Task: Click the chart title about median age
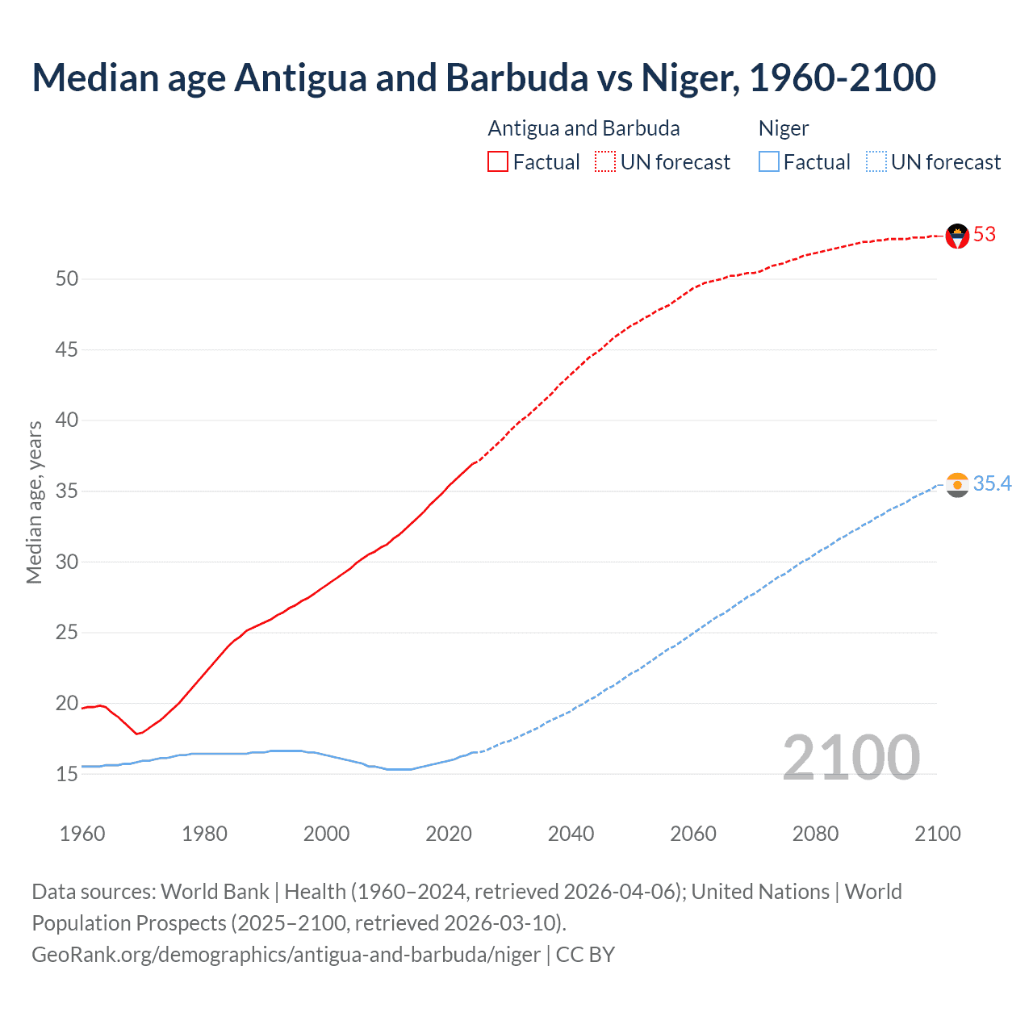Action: coord(483,77)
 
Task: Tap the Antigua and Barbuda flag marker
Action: coord(957,236)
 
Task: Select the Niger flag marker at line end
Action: coord(957,485)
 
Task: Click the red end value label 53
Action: coord(985,235)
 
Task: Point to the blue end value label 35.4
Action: coord(992,483)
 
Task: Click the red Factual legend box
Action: coord(498,162)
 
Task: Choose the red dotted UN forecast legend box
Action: coord(605,162)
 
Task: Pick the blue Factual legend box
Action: coord(769,162)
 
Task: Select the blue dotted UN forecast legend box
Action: coord(876,162)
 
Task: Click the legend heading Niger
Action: coord(783,129)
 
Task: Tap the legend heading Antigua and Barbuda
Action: coord(583,129)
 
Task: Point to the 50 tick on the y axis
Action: coord(67,279)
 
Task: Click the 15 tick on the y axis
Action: coord(67,774)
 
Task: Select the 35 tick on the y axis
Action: coord(67,491)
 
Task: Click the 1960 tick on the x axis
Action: coord(82,834)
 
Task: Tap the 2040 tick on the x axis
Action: coord(571,834)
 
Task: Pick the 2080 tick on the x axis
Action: coord(815,834)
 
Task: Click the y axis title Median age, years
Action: coord(34,502)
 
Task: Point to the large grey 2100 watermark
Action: coord(851,758)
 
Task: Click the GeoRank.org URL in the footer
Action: coord(286,955)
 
